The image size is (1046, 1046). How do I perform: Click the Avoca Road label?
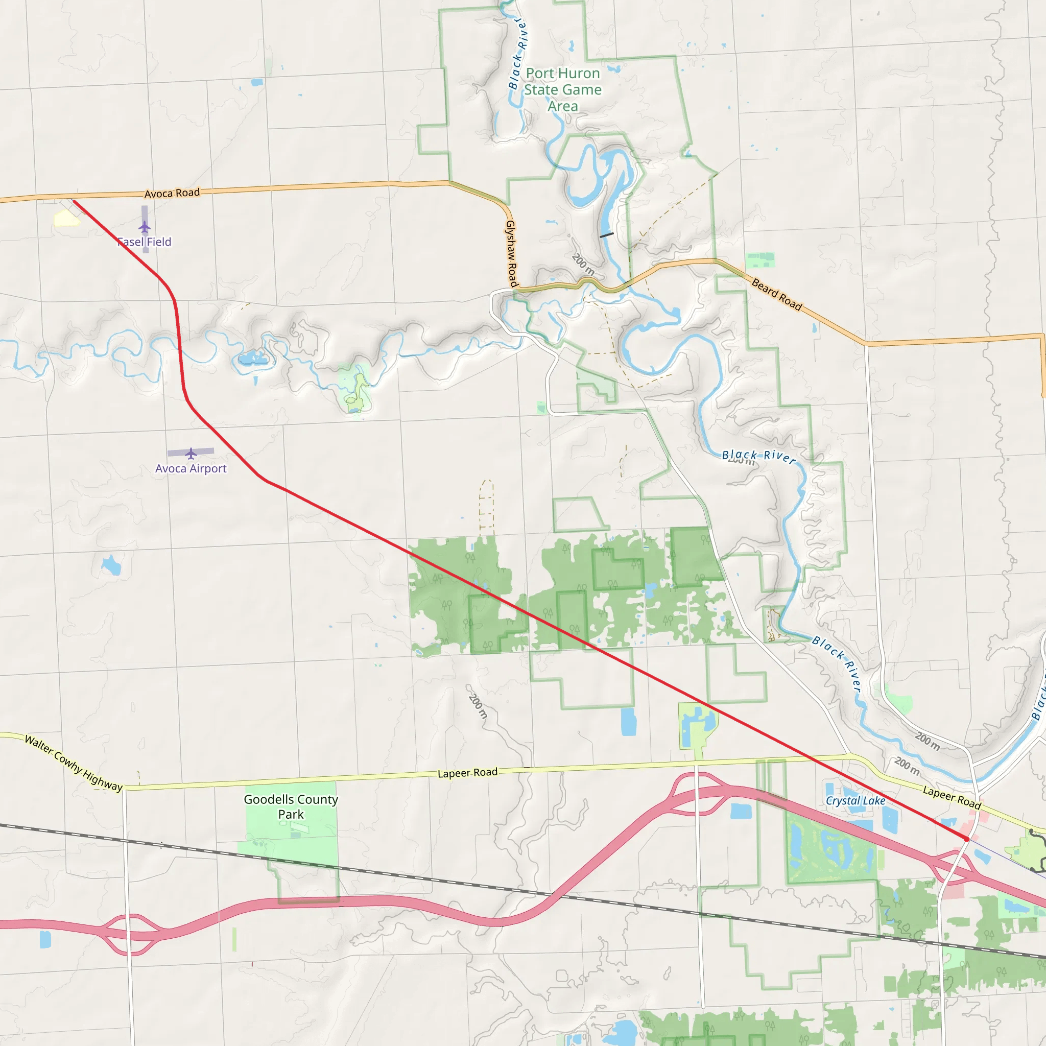(172, 193)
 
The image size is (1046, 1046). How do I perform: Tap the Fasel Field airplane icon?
(145, 226)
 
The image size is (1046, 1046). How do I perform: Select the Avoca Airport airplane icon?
(191, 453)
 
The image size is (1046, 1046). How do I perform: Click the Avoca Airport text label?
(191, 468)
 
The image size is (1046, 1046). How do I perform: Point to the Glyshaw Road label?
(511, 253)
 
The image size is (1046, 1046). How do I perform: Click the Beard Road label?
(777, 294)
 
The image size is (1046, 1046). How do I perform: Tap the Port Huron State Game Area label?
(562, 89)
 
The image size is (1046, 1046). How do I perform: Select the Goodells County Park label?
(291, 806)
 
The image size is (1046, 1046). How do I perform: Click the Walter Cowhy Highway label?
(74, 764)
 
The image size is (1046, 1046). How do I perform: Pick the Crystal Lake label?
(855, 801)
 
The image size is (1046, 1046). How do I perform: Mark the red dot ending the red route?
(966, 839)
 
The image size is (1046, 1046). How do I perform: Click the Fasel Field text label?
(145, 242)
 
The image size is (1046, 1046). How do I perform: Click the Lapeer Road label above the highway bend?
(467, 773)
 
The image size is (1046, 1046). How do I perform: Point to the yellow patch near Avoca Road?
(66, 218)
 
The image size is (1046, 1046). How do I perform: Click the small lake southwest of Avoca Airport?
(111, 565)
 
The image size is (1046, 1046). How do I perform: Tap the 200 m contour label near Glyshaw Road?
(583, 264)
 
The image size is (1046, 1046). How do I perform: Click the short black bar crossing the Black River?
(606, 235)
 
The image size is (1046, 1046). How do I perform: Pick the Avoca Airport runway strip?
(179, 452)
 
